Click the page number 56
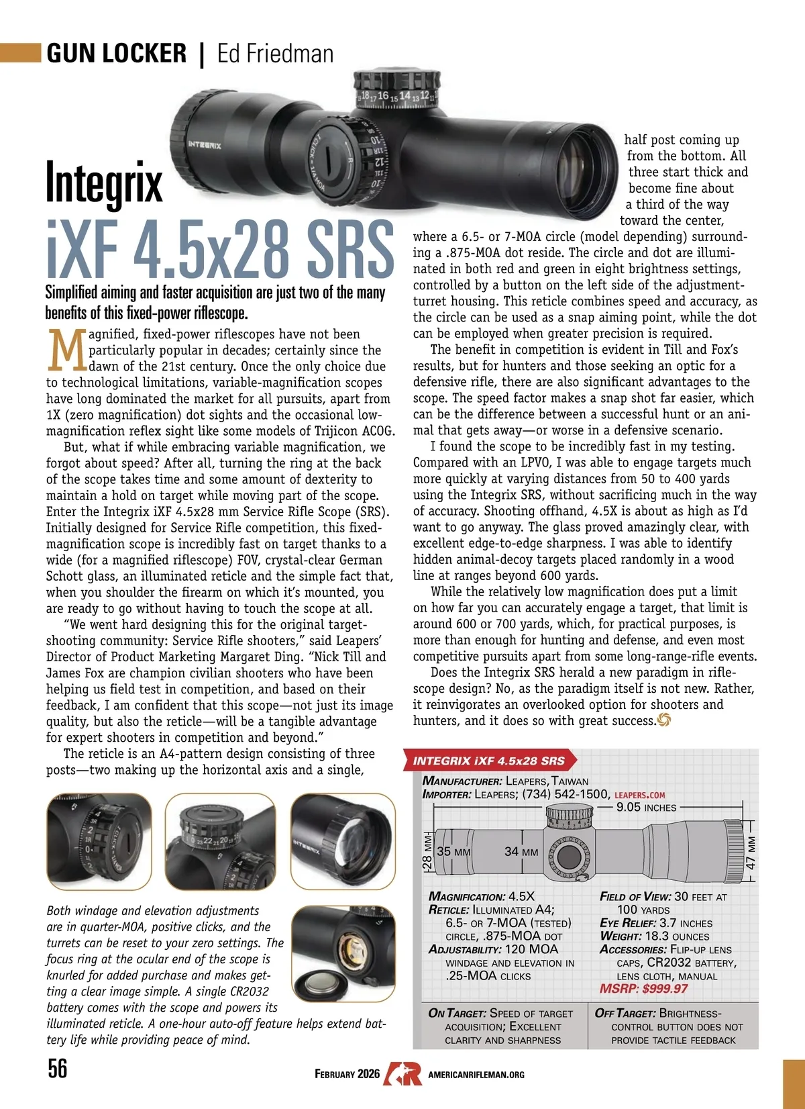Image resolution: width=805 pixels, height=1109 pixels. tap(58, 1068)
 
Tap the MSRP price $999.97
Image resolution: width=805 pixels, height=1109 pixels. tap(644, 989)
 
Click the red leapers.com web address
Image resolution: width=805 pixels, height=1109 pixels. tap(639, 795)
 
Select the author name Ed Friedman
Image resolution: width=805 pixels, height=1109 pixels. tap(275, 54)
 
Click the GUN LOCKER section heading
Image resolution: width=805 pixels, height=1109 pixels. tap(117, 54)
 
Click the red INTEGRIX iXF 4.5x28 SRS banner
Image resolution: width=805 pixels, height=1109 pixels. tap(489, 761)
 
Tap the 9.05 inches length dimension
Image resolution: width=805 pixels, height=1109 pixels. tap(646, 808)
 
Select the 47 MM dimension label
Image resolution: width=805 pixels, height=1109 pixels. tap(751, 853)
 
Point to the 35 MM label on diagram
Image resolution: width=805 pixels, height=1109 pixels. tap(453, 852)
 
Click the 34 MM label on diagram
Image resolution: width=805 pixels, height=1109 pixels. tap(521, 852)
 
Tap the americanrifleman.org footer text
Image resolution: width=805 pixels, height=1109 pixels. tap(476, 1075)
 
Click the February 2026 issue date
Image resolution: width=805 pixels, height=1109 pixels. tap(347, 1074)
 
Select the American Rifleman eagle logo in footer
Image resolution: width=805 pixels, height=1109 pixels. tap(402, 1074)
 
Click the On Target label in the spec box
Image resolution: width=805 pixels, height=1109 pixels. tap(457, 1014)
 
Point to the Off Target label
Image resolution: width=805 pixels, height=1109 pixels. tap(625, 1014)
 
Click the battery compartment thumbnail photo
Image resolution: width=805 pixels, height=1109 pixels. tap(343, 953)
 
